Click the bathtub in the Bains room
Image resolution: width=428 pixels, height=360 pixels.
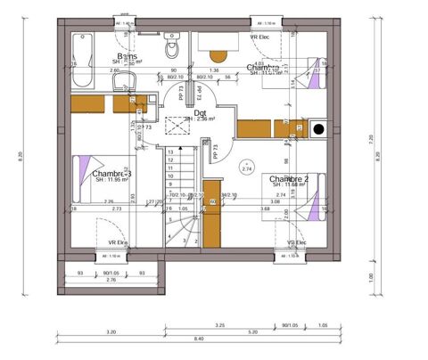pyautogui.click(x=82, y=59)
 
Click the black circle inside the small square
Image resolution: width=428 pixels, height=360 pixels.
pyautogui.click(x=317, y=131)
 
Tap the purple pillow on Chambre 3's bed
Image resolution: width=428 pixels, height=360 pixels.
pyautogui.click(x=83, y=167)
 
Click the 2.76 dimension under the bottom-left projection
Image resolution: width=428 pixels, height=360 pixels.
pyautogui.click(x=111, y=280)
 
